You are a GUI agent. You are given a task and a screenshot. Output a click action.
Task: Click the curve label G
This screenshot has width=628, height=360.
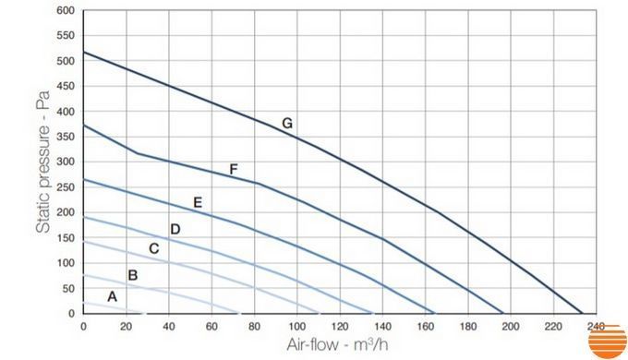point(287,123)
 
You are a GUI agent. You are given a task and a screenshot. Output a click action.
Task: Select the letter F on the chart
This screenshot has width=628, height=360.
point(234,170)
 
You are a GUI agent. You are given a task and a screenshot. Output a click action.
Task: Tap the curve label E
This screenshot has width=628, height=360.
point(198,202)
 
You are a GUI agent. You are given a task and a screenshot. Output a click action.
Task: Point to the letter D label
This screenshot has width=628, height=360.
point(175,229)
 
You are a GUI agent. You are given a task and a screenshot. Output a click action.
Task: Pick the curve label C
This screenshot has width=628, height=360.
point(154,248)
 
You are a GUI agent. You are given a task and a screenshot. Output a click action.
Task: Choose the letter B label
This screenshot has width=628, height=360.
point(133,275)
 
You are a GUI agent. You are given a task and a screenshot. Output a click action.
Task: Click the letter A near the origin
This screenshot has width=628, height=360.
point(112,296)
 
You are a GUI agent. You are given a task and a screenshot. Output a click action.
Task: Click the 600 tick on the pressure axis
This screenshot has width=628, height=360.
point(66,10)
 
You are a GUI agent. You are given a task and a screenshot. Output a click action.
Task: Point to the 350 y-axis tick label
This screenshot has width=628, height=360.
point(66,137)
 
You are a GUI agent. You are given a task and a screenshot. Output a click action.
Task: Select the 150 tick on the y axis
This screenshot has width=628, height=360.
point(66,238)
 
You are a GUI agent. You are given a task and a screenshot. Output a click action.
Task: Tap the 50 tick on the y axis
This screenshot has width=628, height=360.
point(68,288)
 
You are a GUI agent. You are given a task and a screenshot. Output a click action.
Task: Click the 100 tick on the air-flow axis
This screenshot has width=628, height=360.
point(296,327)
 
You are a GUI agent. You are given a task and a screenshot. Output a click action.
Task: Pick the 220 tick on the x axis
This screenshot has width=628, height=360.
point(553,327)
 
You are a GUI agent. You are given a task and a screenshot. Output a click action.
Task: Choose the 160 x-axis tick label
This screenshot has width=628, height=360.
point(425,327)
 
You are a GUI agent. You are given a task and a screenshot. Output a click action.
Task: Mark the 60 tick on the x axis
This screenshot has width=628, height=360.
point(211,327)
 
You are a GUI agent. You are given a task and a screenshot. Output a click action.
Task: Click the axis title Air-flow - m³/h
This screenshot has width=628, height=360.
point(337,344)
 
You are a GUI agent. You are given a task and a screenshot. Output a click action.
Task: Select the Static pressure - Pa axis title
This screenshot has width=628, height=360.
point(42,162)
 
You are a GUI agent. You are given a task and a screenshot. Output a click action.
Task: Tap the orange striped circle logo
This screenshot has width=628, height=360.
point(607,342)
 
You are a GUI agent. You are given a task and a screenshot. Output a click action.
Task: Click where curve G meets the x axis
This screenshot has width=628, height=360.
point(582,314)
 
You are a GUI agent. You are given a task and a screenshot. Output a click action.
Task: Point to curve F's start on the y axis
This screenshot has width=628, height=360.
point(83,126)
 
